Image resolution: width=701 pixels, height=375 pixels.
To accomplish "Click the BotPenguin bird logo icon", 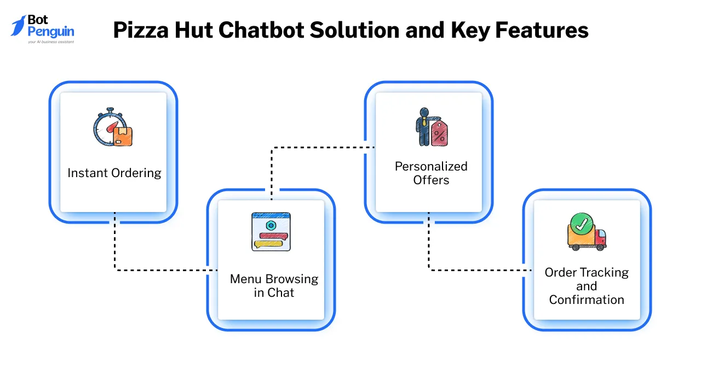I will (x=18, y=25).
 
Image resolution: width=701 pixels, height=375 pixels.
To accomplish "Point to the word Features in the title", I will (x=542, y=30).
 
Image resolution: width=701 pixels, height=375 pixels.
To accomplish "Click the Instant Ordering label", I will (x=114, y=173).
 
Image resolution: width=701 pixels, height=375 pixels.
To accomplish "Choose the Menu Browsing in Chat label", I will (x=274, y=285).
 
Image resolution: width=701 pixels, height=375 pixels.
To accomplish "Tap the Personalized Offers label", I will (x=431, y=173).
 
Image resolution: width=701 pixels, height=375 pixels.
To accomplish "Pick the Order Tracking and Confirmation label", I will (x=587, y=286).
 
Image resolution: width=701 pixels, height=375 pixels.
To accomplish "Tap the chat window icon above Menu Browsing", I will (x=271, y=232).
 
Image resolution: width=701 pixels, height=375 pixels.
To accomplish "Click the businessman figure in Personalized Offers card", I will (x=423, y=126).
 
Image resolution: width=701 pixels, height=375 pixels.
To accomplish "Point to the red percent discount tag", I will (x=439, y=133).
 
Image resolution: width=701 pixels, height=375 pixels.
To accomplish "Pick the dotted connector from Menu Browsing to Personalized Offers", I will (x=318, y=147).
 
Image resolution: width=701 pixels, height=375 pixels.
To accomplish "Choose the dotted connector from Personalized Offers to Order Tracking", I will (x=476, y=269).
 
